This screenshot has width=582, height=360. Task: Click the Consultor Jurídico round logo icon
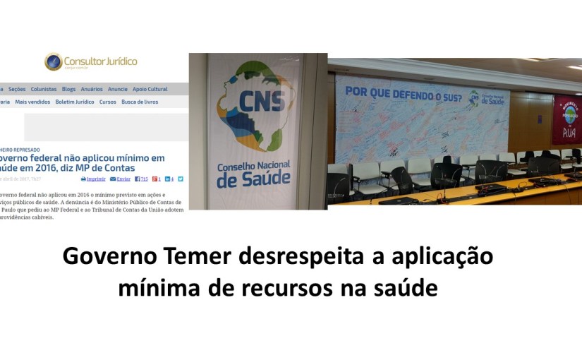point(53,61)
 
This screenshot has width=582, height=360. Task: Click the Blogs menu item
point(68,90)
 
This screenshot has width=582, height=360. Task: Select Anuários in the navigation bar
point(92,90)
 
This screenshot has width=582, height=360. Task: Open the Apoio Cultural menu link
point(150,90)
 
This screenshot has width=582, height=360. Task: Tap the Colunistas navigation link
point(44,90)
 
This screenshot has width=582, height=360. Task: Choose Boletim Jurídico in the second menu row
point(75,102)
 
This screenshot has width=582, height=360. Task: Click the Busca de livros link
point(140,102)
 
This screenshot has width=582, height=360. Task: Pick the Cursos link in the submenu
point(107,102)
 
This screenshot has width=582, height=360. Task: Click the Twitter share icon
point(181,179)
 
